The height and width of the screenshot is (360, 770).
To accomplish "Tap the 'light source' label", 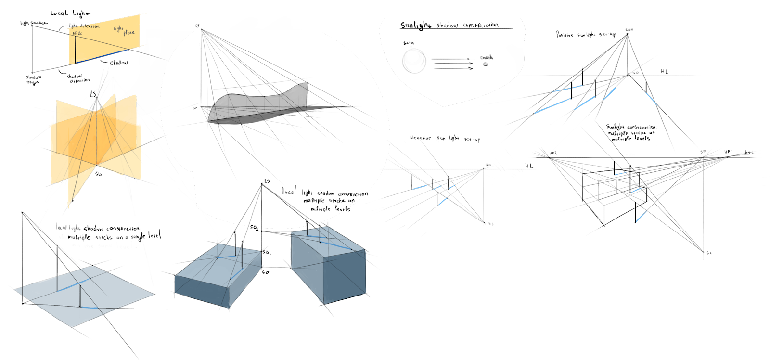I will coord(34,23).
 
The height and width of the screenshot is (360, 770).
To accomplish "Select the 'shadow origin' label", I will coord(33,79).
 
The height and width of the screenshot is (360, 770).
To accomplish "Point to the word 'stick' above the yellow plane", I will coord(77,33).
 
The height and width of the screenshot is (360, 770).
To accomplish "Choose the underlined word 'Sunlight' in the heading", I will coord(416,26).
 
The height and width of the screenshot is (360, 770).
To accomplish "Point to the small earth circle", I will coord(485,64).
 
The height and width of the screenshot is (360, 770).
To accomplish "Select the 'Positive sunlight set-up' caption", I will coord(585,35).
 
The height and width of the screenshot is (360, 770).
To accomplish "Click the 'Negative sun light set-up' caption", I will coord(444,139).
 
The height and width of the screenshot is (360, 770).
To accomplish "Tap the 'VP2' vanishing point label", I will coord(553,153).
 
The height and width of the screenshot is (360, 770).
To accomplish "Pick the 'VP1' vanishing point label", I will coord(728,152).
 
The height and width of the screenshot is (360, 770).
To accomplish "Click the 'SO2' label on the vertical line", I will coord(254,228).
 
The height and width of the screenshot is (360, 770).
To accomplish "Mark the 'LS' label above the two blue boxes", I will coord(267,181).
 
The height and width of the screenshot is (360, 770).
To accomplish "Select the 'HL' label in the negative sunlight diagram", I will coord(529,166).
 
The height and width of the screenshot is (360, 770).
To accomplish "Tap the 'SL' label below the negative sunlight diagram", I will coord(491,224).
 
